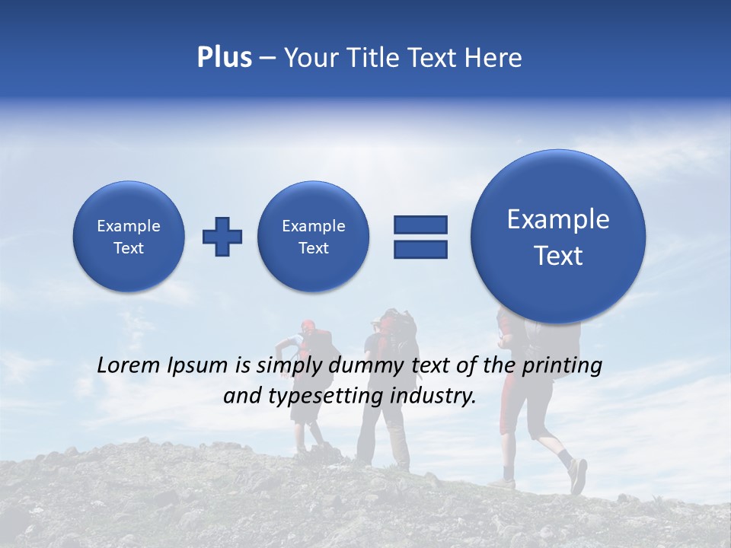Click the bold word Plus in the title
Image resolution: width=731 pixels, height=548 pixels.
(x=224, y=58)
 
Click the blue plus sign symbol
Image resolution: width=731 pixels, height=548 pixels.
(x=222, y=237)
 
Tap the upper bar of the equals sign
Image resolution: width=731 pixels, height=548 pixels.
(x=420, y=225)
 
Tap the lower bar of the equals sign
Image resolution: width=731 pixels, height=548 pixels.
(x=420, y=249)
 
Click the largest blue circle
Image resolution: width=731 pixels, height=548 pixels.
(x=558, y=236)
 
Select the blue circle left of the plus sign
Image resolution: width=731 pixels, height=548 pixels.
(x=129, y=237)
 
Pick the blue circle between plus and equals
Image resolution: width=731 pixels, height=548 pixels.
(x=313, y=237)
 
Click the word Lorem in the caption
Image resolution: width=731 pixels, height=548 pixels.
(x=129, y=365)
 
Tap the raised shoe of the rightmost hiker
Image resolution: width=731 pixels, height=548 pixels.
(x=578, y=476)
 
